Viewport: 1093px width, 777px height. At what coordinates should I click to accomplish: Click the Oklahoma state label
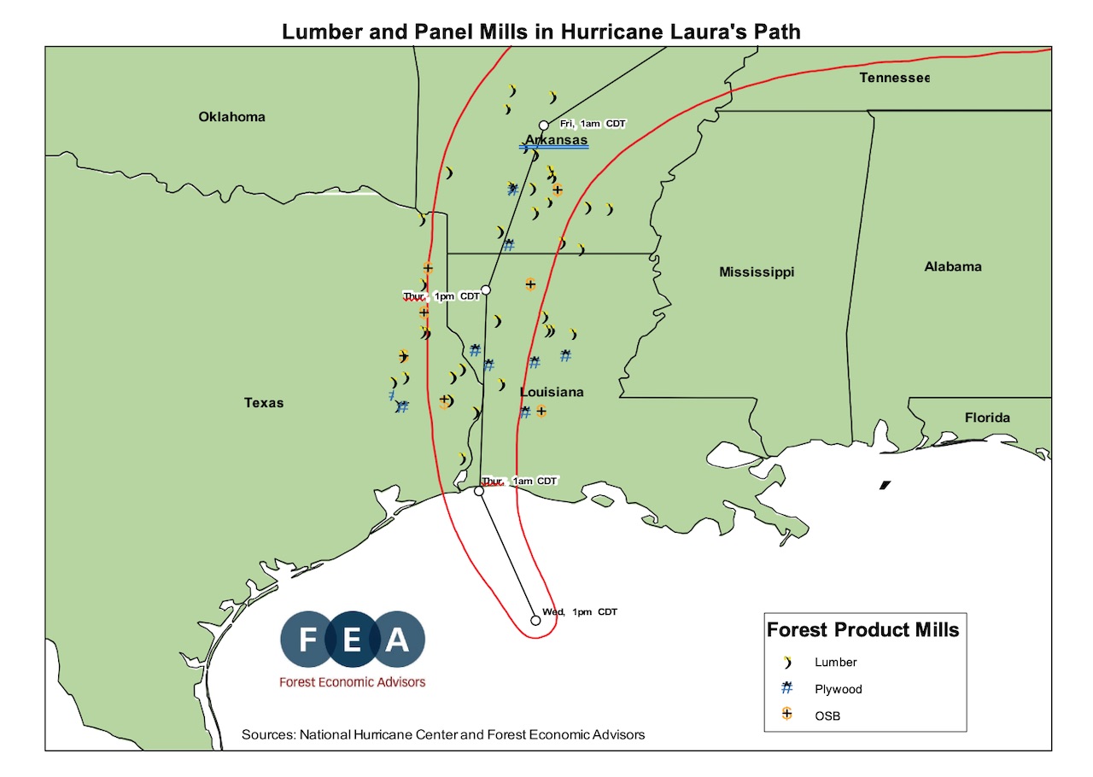[231, 117]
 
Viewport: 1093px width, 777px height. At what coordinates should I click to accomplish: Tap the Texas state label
[264, 403]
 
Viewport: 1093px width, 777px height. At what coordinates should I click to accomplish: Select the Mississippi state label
[757, 272]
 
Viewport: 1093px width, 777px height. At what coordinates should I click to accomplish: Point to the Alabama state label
[953, 267]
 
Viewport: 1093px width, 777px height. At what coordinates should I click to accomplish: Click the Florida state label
[987, 418]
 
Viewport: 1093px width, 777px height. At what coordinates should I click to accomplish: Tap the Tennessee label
[893, 79]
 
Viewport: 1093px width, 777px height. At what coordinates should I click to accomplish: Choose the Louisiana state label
[552, 392]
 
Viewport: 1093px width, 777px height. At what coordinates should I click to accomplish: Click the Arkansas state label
[556, 140]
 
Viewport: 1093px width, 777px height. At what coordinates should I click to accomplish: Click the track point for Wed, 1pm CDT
[535, 621]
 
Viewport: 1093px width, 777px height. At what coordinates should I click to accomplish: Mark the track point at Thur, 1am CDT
[479, 491]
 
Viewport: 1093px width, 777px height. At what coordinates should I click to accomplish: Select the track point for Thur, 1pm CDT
[486, 289]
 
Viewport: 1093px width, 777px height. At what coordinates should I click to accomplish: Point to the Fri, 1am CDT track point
[543, 126]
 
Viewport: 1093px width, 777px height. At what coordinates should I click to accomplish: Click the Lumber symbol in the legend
[787, 662]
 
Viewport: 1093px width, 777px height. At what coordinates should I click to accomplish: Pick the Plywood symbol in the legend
[787, 688]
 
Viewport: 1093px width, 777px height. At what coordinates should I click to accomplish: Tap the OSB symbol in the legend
[787, 715]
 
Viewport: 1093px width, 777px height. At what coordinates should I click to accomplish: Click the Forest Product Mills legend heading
[862, 630]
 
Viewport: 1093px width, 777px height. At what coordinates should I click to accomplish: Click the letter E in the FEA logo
[353, 640]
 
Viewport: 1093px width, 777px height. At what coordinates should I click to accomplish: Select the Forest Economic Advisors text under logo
[352, 682]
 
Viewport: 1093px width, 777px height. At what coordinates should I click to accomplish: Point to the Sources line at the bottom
[443, 734]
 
